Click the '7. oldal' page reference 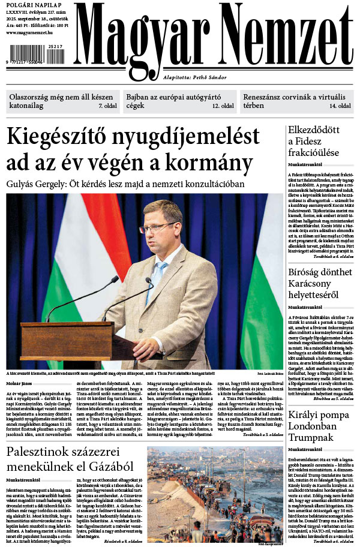(108, 106)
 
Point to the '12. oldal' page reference (223, 106)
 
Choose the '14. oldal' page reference (340, 106)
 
